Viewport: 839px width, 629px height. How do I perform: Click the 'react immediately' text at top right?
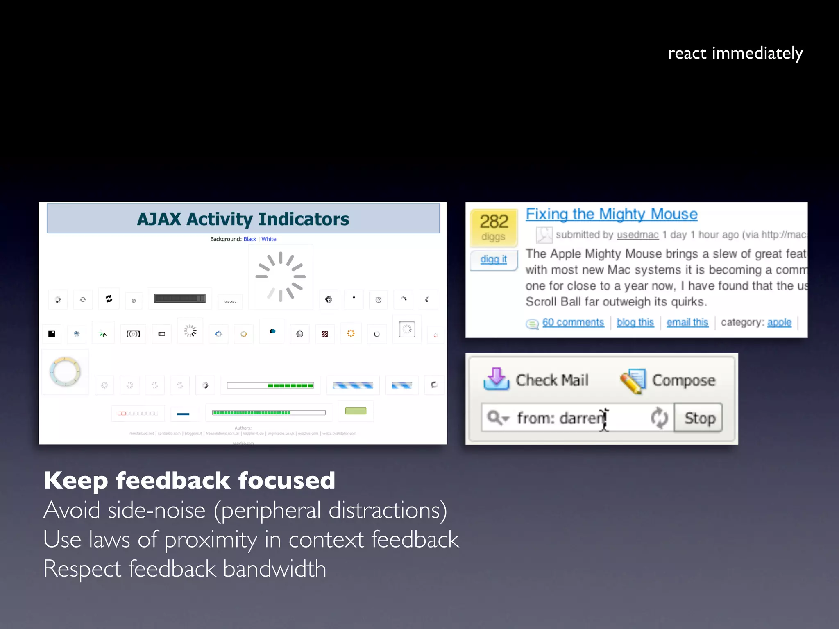(735, 54)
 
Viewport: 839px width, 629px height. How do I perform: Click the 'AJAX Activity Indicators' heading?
(243, 219)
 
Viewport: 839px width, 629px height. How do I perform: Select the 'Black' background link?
(249, 239)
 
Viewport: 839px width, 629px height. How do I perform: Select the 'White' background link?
(269, 239)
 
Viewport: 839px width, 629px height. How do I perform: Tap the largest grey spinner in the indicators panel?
(281, 276)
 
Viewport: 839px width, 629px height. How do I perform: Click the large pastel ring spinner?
(65, 372)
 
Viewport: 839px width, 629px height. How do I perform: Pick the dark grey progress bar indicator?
(180, 299)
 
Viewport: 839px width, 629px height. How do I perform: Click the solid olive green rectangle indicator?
(356, 411)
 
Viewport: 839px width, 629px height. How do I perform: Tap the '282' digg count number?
(494, 222)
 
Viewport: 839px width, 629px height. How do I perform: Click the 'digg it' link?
(493, 259)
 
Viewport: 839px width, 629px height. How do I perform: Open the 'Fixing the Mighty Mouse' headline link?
(611, 214)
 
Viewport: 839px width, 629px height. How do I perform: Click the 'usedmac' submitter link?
(637, 235)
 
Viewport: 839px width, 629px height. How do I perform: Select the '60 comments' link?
(573, 322)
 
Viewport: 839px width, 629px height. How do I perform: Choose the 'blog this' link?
(635, 322)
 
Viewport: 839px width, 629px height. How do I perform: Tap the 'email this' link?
(687, 322)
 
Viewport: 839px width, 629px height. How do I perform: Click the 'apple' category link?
(779, 322)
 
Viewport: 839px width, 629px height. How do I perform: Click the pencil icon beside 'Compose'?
(633, 381)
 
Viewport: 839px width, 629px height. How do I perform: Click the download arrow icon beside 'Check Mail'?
(496, 379)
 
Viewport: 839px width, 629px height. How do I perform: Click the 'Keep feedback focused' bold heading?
(189, 480)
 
